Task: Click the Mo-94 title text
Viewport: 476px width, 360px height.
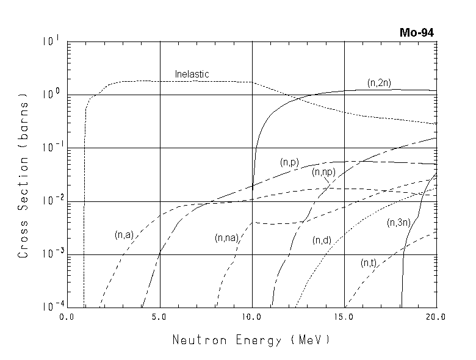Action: click(419, 33)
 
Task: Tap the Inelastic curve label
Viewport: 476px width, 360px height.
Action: click(192, 74)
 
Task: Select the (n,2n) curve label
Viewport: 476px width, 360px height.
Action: click(379, 82)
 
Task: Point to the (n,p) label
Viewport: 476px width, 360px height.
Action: click(289, 162)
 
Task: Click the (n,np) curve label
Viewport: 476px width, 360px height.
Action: click(323, 173)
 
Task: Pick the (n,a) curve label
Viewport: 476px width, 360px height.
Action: click(123, 234)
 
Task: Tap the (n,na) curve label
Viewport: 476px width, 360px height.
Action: click(225, 237)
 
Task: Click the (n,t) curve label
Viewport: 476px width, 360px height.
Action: click(368, 263)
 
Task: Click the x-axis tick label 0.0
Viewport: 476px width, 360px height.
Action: click(67, 317)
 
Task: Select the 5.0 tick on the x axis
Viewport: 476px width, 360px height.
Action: click(160, 317)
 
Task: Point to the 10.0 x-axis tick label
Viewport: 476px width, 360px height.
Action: click(252, 317)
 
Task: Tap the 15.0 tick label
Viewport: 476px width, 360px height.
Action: click(344, 317)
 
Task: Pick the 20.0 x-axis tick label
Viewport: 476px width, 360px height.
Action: click(436, 317)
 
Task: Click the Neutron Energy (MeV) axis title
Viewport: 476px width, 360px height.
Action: click(251, 339)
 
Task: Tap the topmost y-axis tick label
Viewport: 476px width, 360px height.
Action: click(51, 42)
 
